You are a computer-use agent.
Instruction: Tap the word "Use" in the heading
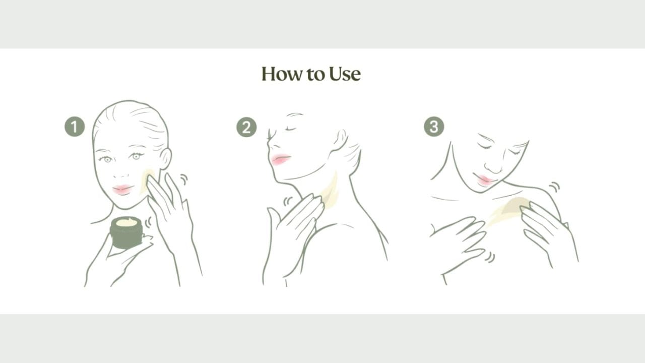click(x=345, y=74)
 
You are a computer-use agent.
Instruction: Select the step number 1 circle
click(x=75, y=127)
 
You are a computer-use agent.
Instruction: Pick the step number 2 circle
click(x=246, y=127)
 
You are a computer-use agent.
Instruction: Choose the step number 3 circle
click(x=434, y=127)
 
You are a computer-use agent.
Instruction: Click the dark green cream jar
click(x=126, y=232)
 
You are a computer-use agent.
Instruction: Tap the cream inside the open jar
click(x=126, y=222)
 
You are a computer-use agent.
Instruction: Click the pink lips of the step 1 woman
click(x=123, y=189)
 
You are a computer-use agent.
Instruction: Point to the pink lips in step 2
click(x=281, y=159)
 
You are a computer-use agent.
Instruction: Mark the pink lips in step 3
click(x=485, y=180)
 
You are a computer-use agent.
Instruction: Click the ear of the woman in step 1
click(x=165, y=158)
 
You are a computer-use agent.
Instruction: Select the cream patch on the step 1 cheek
click(x=146, y=180)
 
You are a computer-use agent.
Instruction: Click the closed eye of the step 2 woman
click(x=291, y=129)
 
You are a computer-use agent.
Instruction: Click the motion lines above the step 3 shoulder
click(x=554, y=187)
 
